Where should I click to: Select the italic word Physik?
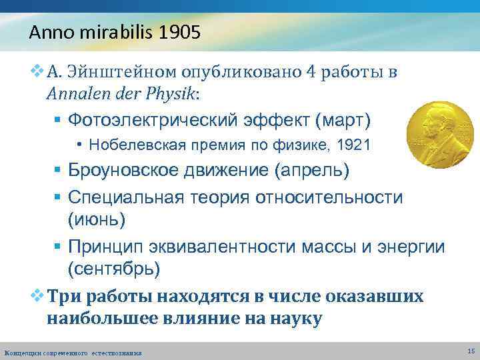tap(171, 93)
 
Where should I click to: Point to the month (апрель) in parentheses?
tap(311, 170)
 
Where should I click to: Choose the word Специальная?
tap(120, 198)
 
